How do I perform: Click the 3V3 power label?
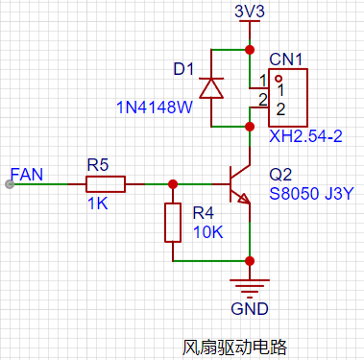pyautogui.click(x=250, y=12)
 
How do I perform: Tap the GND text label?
pyautogui.click(x=250, y=309)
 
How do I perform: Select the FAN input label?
pyautogui.click(x=27, y=175)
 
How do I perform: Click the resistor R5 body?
pyautogui.click(x=106, y=184)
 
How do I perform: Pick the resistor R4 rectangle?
pyautogui.click(x=173, y=223)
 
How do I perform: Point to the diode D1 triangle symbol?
pyautogui.click(x=211, y=88)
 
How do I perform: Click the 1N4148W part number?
pyautogui.click(x=155, y=108)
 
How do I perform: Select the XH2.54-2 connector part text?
pyautogui.click(x=305, y=136)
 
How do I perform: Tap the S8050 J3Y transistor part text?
pyautogui.click(x=311, y=194)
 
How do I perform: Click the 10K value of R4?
pyautogui.click(x=208, y=232)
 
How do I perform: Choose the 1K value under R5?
pyautogui.click(x=98, y=204)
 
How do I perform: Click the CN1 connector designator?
pyautogui.click(x=285, y=60)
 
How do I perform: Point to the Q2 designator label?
pyautogui.click(x=280, y=175)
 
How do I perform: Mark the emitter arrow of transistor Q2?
pyautogui.click(x=244, y=199)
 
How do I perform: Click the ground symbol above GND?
pyautogui.click(x=250, y=286)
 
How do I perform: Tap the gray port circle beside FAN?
pyautogui.click(x=10, y=184)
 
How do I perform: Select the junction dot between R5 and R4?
pyautogui.click(x=173, y=184)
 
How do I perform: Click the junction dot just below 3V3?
pyautogui.click(x=250, y=50)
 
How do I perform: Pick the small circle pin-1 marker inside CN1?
pyautogui.click(x=279, y=78)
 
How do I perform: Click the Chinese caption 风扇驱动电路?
pyautogui.click(x=235, y=347)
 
